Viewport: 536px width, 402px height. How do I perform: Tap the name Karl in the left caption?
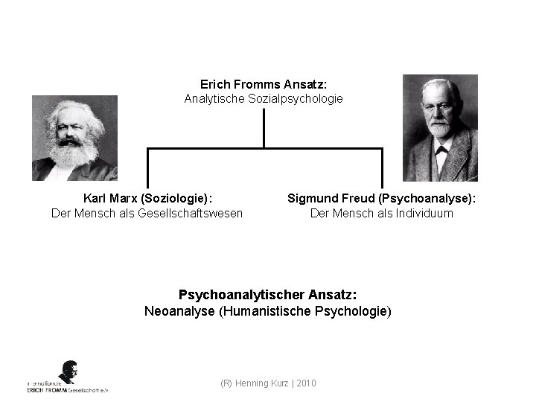click(x=95, y=199)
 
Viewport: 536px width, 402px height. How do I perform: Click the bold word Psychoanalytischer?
click(x=239, y=296)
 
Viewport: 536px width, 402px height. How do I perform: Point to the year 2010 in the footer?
click(x=306, y=383)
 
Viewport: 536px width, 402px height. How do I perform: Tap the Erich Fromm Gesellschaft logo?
click(x=68, y=377)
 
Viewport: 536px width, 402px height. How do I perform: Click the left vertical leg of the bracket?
click(x=147, y=168)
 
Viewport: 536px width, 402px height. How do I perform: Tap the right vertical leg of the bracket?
click(x=382, y=168)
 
